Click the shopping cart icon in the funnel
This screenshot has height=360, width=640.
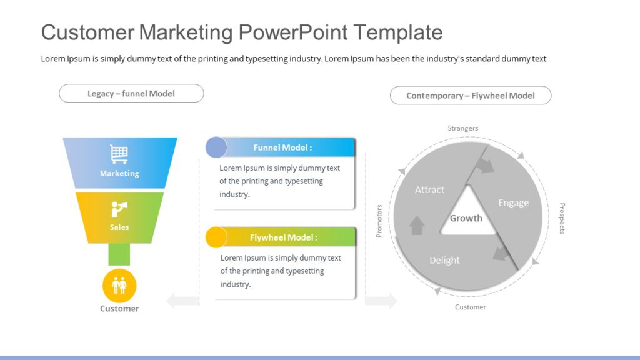coord(119,154)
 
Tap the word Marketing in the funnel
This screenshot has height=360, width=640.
coord(119,173)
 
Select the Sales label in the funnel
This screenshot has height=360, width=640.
coord(119,227)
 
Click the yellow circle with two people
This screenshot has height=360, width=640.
coord(119,286)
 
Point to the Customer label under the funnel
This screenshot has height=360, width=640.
coord(119,309)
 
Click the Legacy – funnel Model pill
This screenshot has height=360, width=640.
coord(131,94)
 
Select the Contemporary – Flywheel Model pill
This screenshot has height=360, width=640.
coord(471,96)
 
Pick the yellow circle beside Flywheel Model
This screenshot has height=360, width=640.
coord(216,237)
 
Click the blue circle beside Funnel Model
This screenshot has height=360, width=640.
coord(216,147)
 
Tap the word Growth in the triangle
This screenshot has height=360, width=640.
coord(466,218)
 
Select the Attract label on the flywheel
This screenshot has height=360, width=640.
coord(429,189)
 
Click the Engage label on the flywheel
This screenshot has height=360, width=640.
coord(513,202)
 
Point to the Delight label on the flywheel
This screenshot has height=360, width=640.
coord(444,260)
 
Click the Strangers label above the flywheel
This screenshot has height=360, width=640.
coord(463,128)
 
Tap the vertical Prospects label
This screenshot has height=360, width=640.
coord(562,218)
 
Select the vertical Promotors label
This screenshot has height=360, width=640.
coord(379,221)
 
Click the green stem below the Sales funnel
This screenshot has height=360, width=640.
coord(119,254)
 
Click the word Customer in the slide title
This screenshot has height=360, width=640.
coord(87,32)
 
